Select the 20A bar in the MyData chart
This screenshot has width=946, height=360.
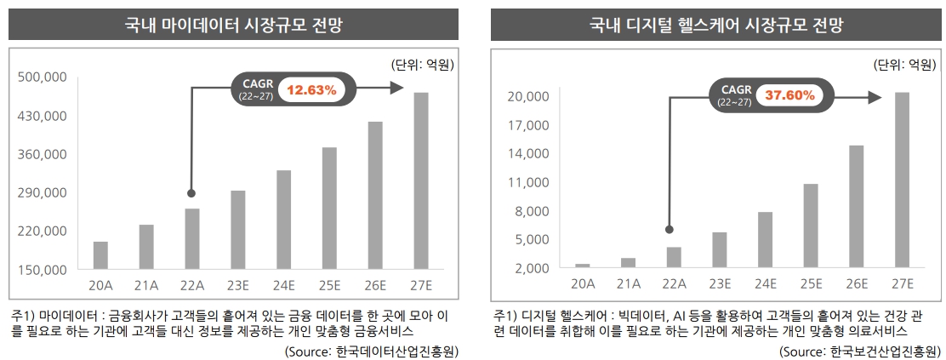(x=100, y=255)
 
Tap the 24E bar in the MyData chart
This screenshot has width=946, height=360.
(x=284, y=220)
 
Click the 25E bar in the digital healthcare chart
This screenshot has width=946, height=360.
(x=811, y=226)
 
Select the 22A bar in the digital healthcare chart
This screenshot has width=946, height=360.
(x=674, y=257)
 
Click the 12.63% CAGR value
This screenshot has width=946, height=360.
(x=311, y=89)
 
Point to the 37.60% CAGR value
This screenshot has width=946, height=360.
(x=790, y=95)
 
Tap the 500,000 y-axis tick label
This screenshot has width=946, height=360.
(x=42, y=77)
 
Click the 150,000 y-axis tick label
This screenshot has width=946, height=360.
(x=42, y=270)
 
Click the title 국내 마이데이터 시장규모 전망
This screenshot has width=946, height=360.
(x=235, y=25)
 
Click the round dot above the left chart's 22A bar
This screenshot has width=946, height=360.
(x=191, y=193)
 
